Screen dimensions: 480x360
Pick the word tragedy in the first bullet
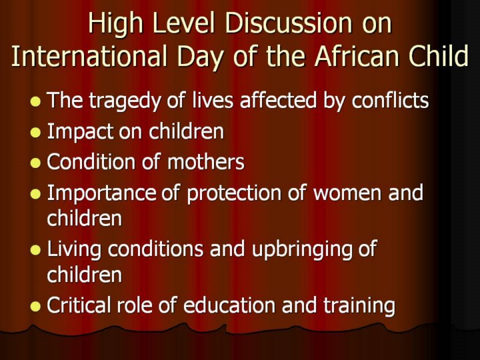tap(125, 101)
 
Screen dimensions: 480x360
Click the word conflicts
tap(390, 100)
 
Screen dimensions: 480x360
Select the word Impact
tap(79, 132)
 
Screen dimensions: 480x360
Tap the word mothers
tap(206, 161)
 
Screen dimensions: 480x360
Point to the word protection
tap(233, 193)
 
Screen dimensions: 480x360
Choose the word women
tap(347, 194)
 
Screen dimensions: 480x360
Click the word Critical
tap(78, 305)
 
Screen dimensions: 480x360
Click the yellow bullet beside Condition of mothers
tap(35, 163)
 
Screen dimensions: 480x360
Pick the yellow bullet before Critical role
tap(35, 307)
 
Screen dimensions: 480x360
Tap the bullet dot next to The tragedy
tap(35, 101)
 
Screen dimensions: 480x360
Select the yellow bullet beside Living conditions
tap(35, 250)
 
